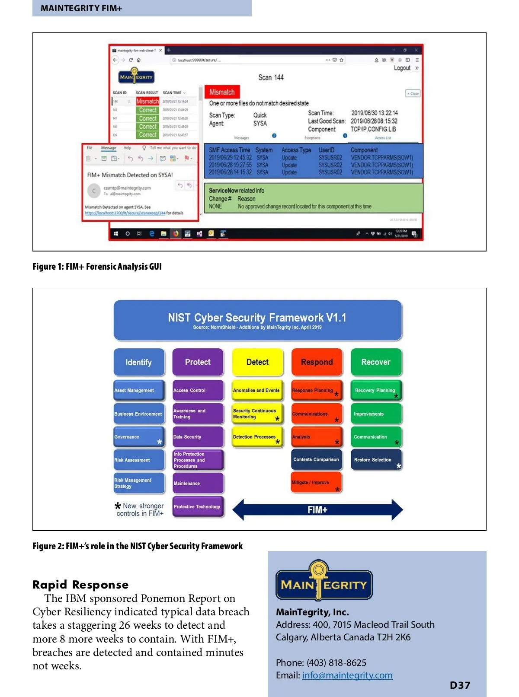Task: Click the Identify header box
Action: point(139,362)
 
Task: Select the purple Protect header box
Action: point(198,362)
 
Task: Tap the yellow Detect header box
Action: point(257,362)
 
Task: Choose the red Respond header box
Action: point(317,362)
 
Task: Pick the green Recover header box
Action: point(376,362)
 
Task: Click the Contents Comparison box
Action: point(316,459)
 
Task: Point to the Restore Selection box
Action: point(375,460)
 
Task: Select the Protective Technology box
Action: point(198,506)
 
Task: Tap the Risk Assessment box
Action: point(138,460)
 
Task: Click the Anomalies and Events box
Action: point(257,390)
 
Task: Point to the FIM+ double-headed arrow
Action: point(317,510)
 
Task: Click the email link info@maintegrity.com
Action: point(347,675)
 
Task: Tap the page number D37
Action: point(460,685)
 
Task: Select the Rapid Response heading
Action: point(80,585)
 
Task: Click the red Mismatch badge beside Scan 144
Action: point(222,92)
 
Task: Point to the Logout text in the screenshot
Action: point(402,68)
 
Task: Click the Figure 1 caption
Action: point(97,266)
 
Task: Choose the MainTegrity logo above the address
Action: point(324,581)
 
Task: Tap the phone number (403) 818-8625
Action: point(336,662)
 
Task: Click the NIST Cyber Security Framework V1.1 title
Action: point(257,318)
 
